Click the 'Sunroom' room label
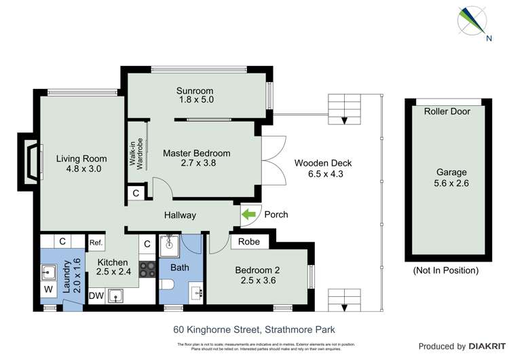click(195, 91)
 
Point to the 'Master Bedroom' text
click(196, 153)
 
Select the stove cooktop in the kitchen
click(147, 270)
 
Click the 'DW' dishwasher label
click(96, 295)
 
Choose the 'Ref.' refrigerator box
click(95, 242)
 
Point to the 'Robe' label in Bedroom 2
click(248, 240)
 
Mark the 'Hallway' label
click(180, 215)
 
